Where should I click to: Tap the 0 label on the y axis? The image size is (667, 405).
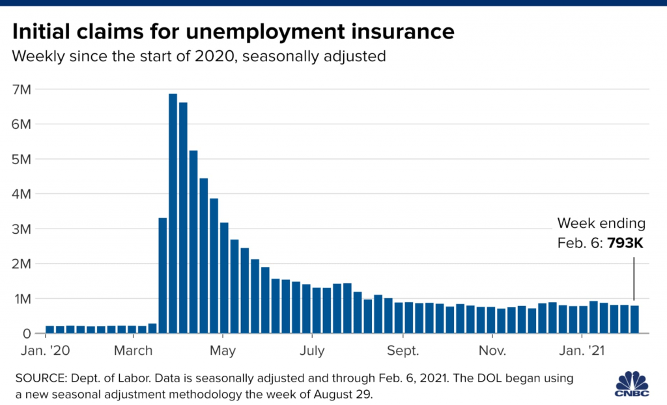pyautogui.click(x=27, y=334)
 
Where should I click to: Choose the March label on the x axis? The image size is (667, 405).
pyautogui.click(x=134, y=351)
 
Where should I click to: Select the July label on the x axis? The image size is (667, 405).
pyautogui.click(x=312, y=351)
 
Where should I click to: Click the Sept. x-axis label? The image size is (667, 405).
pyautogui.click(x=403, y=351)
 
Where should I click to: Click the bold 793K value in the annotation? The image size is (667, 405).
pyautogui.click(x=625, y=242)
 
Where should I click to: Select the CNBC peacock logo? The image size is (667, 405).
pyautogui.click(x=634, y=382)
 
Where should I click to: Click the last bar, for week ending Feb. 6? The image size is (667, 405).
pyautogui.click(x=634, y=319)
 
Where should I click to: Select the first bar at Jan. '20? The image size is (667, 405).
pyautogui.click(x=50, y=329)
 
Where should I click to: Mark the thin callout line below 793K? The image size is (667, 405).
pyautogui.click(x=634, y=277)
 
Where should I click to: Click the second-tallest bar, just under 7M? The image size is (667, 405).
pyautogui.click(x=184, y=217)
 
